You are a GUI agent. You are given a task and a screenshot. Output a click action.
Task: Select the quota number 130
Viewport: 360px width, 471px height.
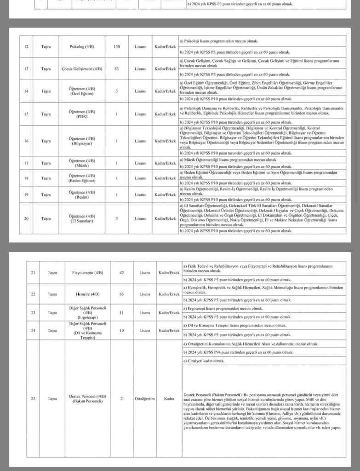point(117,47)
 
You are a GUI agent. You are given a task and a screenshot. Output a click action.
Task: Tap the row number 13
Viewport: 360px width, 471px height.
point(26,69)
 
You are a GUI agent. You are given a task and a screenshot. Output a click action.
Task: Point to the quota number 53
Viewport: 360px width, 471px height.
point(117,69)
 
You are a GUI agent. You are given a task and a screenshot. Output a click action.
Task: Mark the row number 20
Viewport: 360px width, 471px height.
point(26,218)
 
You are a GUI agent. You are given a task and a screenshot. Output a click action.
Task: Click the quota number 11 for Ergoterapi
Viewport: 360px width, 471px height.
point(122,312)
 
